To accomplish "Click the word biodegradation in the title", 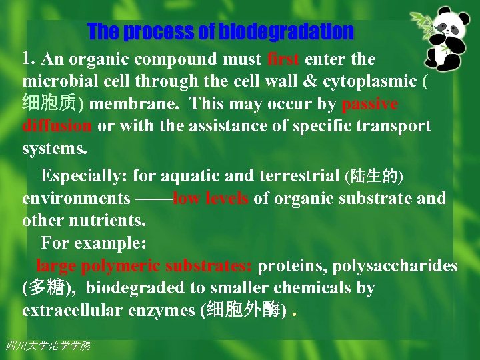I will coord(286,31).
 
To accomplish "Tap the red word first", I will coord(283,59).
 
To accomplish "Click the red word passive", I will coord(369,105).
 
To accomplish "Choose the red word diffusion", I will coord(57,126).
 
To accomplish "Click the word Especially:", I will coord(85,176).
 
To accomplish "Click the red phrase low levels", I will coord(211,198).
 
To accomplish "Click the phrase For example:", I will coord(84,242).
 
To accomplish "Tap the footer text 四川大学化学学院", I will coord(47,345).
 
